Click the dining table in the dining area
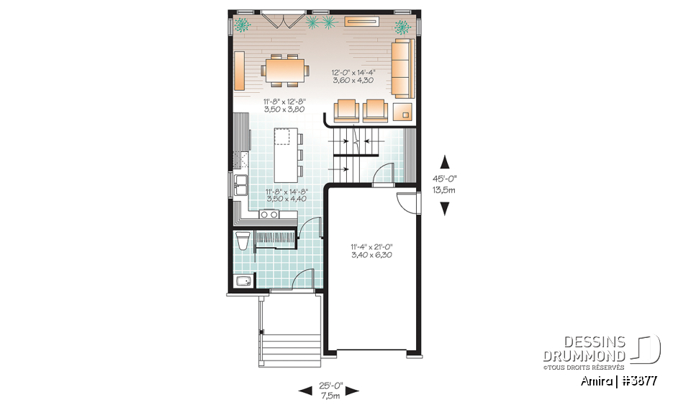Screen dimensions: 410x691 (284, 71)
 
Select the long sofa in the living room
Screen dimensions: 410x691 (404, 69)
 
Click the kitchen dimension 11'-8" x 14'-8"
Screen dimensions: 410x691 (266, 195)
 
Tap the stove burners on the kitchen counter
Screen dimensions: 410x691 (269, 213)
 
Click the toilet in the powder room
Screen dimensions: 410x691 (243, 240)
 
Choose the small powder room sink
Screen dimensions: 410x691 (243, 281)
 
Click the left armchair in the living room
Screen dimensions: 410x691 (346, 110)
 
